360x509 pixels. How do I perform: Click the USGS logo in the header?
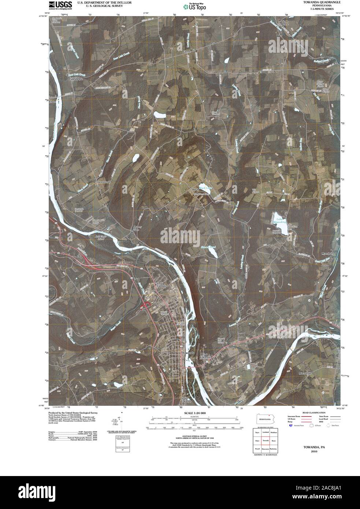click(60, 5)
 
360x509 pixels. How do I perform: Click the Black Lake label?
click(206, 188)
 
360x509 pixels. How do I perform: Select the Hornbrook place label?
click(104, 182)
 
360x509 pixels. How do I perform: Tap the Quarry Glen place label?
click(136, 229)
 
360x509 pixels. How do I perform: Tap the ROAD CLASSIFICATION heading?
click(312, 413)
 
